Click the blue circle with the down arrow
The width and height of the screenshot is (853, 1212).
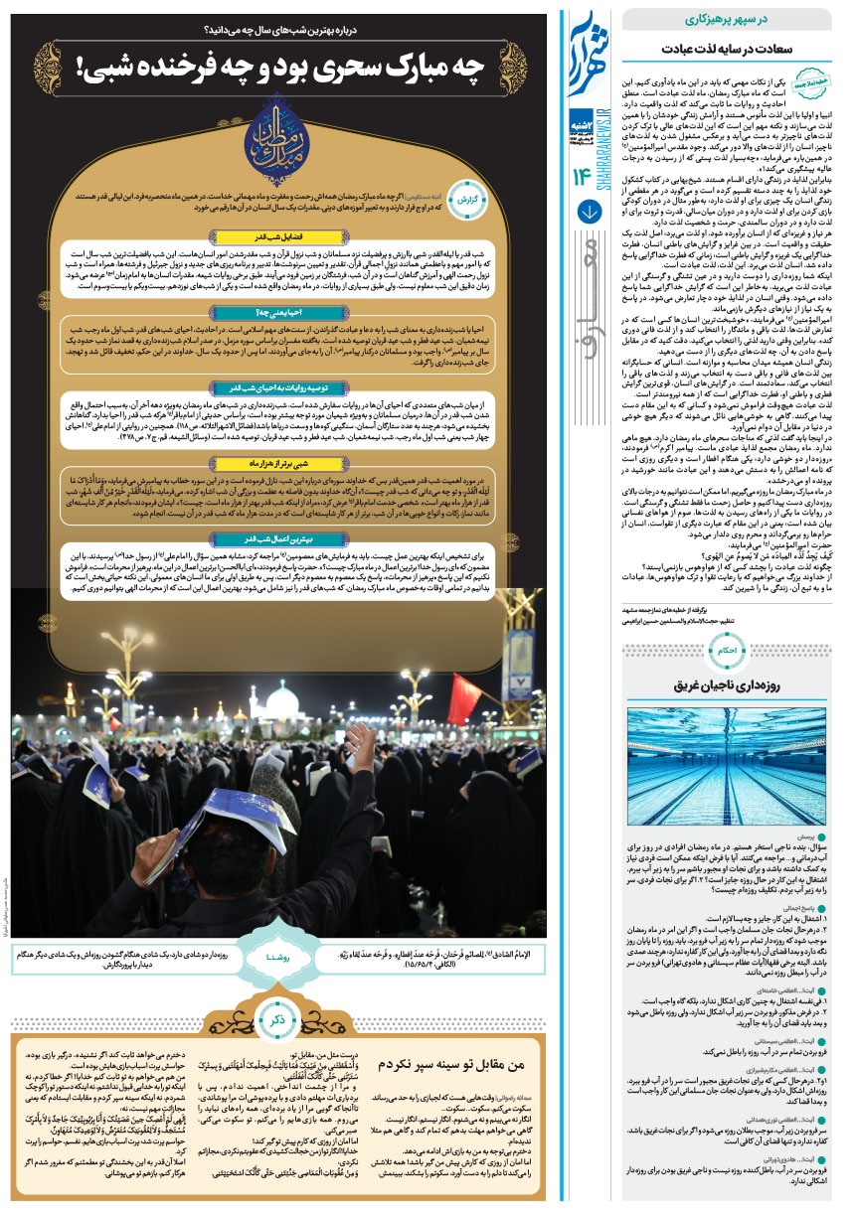(587, 212)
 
